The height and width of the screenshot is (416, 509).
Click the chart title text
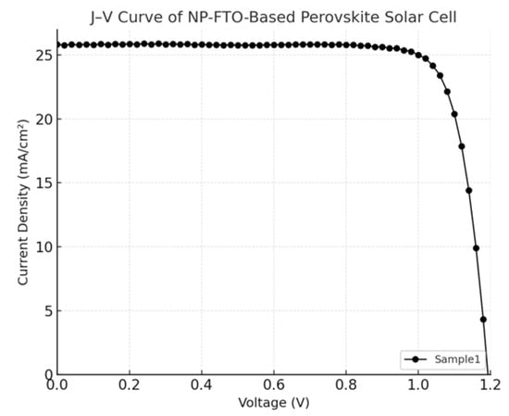coord(274,16)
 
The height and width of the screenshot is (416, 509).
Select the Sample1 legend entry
coord(442,359)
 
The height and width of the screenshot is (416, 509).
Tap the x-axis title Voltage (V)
coord(273,403)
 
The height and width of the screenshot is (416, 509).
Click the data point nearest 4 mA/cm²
coord(483,320)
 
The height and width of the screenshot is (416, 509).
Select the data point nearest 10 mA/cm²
coord(476,248)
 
